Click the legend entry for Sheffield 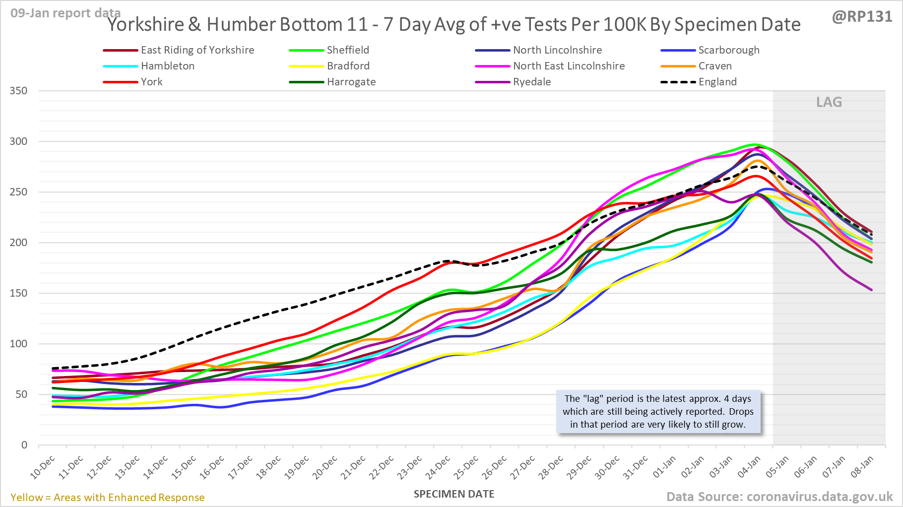click(x=347, y=50)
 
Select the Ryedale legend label click(x=531, y=82)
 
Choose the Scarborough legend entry click(x=728, y=50)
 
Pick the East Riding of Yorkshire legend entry click(x=197, y=50)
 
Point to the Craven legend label click(x=714, y=66)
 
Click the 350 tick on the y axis click(x=18, y=91)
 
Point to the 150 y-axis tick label click(x=18, y=293)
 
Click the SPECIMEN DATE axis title click(x=454, y=494)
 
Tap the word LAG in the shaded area click(x=829, y=102)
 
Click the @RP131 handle click(x=862, y=17)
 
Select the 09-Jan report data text click(x=65, y=13)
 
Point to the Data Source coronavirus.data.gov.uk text click(x=779, y=497)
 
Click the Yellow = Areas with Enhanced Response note click(x=108, y=498)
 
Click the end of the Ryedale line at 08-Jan click(x=872, y=290)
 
